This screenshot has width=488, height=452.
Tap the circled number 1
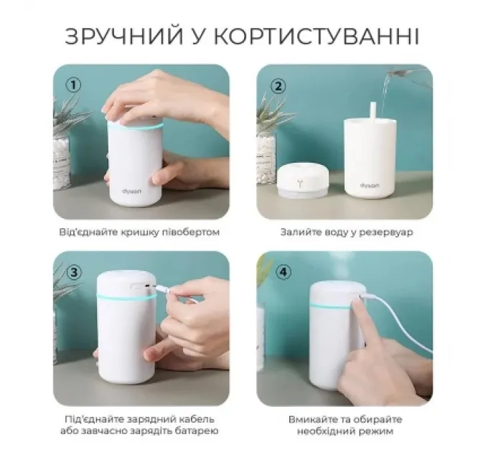click(73, 85)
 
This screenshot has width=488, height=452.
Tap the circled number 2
click(276, 85)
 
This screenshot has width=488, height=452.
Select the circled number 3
click(73, 272)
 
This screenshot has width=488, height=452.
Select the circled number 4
click(276, 272)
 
